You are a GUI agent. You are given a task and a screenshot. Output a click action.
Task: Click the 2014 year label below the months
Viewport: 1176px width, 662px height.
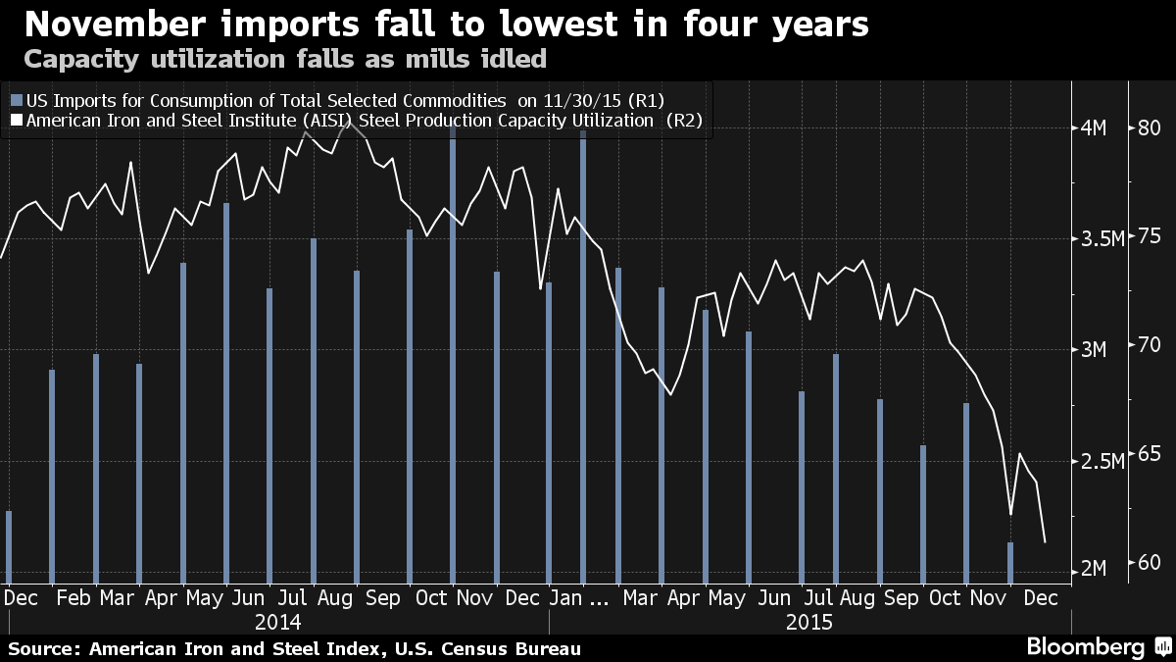(x=277, y=622)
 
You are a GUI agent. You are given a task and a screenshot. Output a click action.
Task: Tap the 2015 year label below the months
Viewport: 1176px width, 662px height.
(x=808, y=622)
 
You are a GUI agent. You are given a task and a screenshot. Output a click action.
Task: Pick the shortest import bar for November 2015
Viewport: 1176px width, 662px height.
(x=1010, y=561)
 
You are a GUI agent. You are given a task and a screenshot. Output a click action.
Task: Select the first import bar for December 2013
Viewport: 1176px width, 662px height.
(x=9, y=546)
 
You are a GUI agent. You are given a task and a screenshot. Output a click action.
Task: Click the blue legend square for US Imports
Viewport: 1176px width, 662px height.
(x=15, y=100)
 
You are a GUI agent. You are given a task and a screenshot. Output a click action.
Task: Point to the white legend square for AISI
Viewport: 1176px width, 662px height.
(x=15, y=122)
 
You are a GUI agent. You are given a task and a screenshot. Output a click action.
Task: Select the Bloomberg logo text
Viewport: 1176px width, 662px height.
(x=1085, y=647)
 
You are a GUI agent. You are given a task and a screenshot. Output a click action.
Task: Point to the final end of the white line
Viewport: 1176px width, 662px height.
(x=1046, y=541)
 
